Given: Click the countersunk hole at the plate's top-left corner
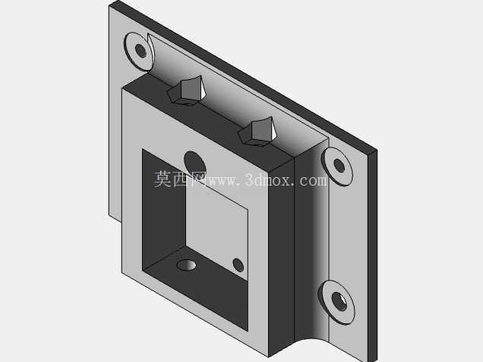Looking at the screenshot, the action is click(x=139, y=51).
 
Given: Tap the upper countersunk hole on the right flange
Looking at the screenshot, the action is click(x=337, y=167).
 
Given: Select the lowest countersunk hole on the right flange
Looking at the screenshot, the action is click(x=336, y=302).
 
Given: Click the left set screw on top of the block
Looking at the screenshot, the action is click(x=186, y=90).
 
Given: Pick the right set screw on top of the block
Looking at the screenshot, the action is click(x=257, y=131).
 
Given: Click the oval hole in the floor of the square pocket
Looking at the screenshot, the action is click(x=186, y=265).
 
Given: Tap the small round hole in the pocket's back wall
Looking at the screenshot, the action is click(x=238, y=265).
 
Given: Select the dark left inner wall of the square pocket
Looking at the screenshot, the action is click(x=164, y=210).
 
